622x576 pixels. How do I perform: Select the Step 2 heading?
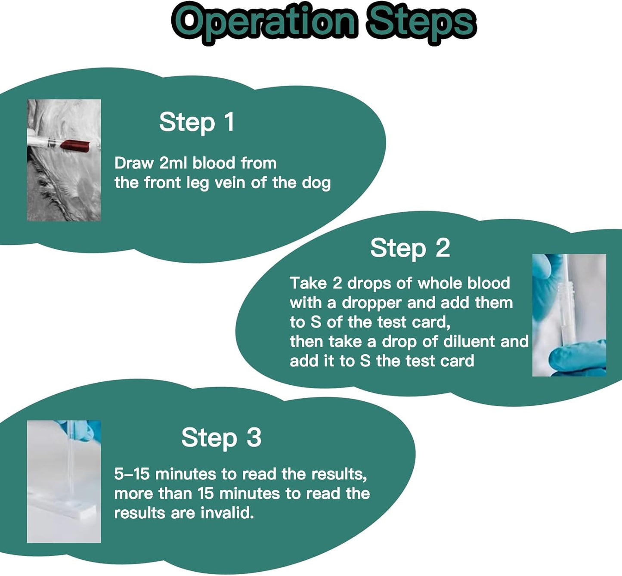click(410, 248)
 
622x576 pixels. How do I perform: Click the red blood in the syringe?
click(75, 145)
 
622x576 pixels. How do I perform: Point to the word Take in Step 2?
click(308, 283)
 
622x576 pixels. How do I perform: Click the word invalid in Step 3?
click(227, 513)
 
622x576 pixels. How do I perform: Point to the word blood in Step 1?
click(214, 163)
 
